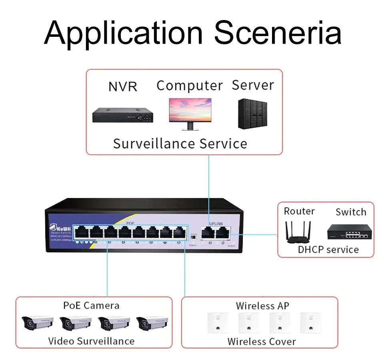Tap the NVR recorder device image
coord(123,115)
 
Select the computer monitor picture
coord(190,114)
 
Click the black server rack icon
coord(252,114)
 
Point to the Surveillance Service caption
coord(180,143)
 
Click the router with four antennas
coord(299,232)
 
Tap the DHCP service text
coord(328,250)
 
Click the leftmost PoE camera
coord(37,322)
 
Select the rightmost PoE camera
coord(152,322)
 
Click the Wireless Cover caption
coord(261,342)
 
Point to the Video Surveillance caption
coord(91,341)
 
